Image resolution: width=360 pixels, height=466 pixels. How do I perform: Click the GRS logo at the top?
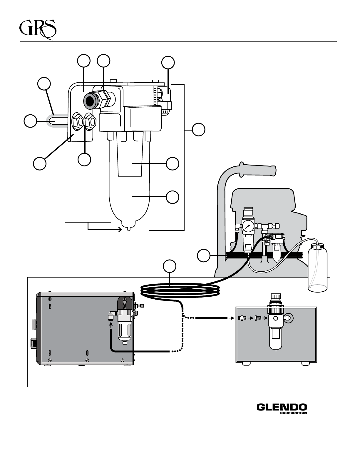38,30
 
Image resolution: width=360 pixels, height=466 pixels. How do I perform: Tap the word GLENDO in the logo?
282,407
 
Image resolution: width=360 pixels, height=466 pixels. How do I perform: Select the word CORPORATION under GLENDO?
294,413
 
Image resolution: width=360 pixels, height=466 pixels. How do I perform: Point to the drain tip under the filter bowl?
129,229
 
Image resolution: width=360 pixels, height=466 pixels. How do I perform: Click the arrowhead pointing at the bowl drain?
120,230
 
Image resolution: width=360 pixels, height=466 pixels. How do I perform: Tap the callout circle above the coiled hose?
170,266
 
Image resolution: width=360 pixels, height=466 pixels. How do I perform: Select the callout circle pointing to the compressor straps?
204,255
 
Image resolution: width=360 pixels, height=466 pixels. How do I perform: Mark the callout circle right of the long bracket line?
198,129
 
